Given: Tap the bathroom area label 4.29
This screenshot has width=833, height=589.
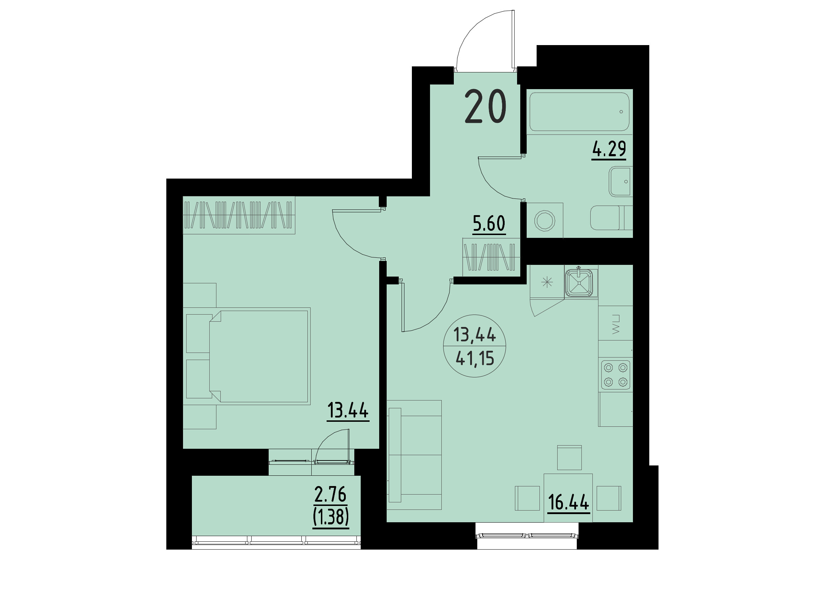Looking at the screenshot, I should (609, 149).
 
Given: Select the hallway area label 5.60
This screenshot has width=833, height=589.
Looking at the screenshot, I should (489, 223).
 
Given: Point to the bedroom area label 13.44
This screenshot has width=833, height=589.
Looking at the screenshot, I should (348, 410).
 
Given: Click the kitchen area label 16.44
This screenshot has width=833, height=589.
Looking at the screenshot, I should (568, 502).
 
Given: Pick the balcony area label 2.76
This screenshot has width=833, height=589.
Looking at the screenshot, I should (330, 494).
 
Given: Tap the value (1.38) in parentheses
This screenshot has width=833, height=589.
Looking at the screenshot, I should (330, 517).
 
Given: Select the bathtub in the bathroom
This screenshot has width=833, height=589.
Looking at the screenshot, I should (579, 112).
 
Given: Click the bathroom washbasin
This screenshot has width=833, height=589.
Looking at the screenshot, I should (621, 181).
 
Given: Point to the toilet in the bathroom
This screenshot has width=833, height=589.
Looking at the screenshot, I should (611, 218).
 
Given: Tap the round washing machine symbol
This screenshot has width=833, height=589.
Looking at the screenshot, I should (544, 220).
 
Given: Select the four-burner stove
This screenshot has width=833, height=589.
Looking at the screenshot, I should (615, 375).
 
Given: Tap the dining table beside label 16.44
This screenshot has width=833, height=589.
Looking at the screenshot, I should (568, 497).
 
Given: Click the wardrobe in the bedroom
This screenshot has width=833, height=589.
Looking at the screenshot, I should (238, 215).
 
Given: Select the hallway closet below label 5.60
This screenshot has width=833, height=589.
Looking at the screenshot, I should (490, 257).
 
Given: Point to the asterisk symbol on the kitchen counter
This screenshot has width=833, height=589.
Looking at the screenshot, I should (547, 282).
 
